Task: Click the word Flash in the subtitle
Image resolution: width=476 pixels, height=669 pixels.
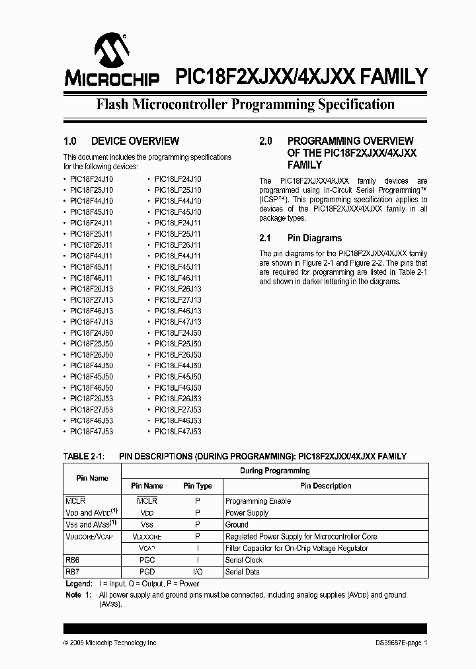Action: (112, 104)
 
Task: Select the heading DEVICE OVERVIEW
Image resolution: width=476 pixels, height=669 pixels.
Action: (135, 141)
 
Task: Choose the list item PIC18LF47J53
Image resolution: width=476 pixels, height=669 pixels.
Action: (178, 431)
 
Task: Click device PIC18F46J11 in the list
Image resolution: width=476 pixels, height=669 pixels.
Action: (91, 278)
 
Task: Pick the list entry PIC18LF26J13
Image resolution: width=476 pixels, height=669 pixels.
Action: (178, 289)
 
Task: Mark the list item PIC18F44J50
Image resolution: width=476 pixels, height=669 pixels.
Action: (91, 366)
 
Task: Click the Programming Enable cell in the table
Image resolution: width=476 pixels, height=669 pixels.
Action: (258, 501)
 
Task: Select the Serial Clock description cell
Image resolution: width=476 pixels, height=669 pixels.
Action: (244, 560)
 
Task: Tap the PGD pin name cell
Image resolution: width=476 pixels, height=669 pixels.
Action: (147, 572)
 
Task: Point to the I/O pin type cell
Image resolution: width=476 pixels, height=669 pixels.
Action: (198, 572)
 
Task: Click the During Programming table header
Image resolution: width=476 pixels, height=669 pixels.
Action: (274, 471)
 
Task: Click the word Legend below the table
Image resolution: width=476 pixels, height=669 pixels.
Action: (78, 584)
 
